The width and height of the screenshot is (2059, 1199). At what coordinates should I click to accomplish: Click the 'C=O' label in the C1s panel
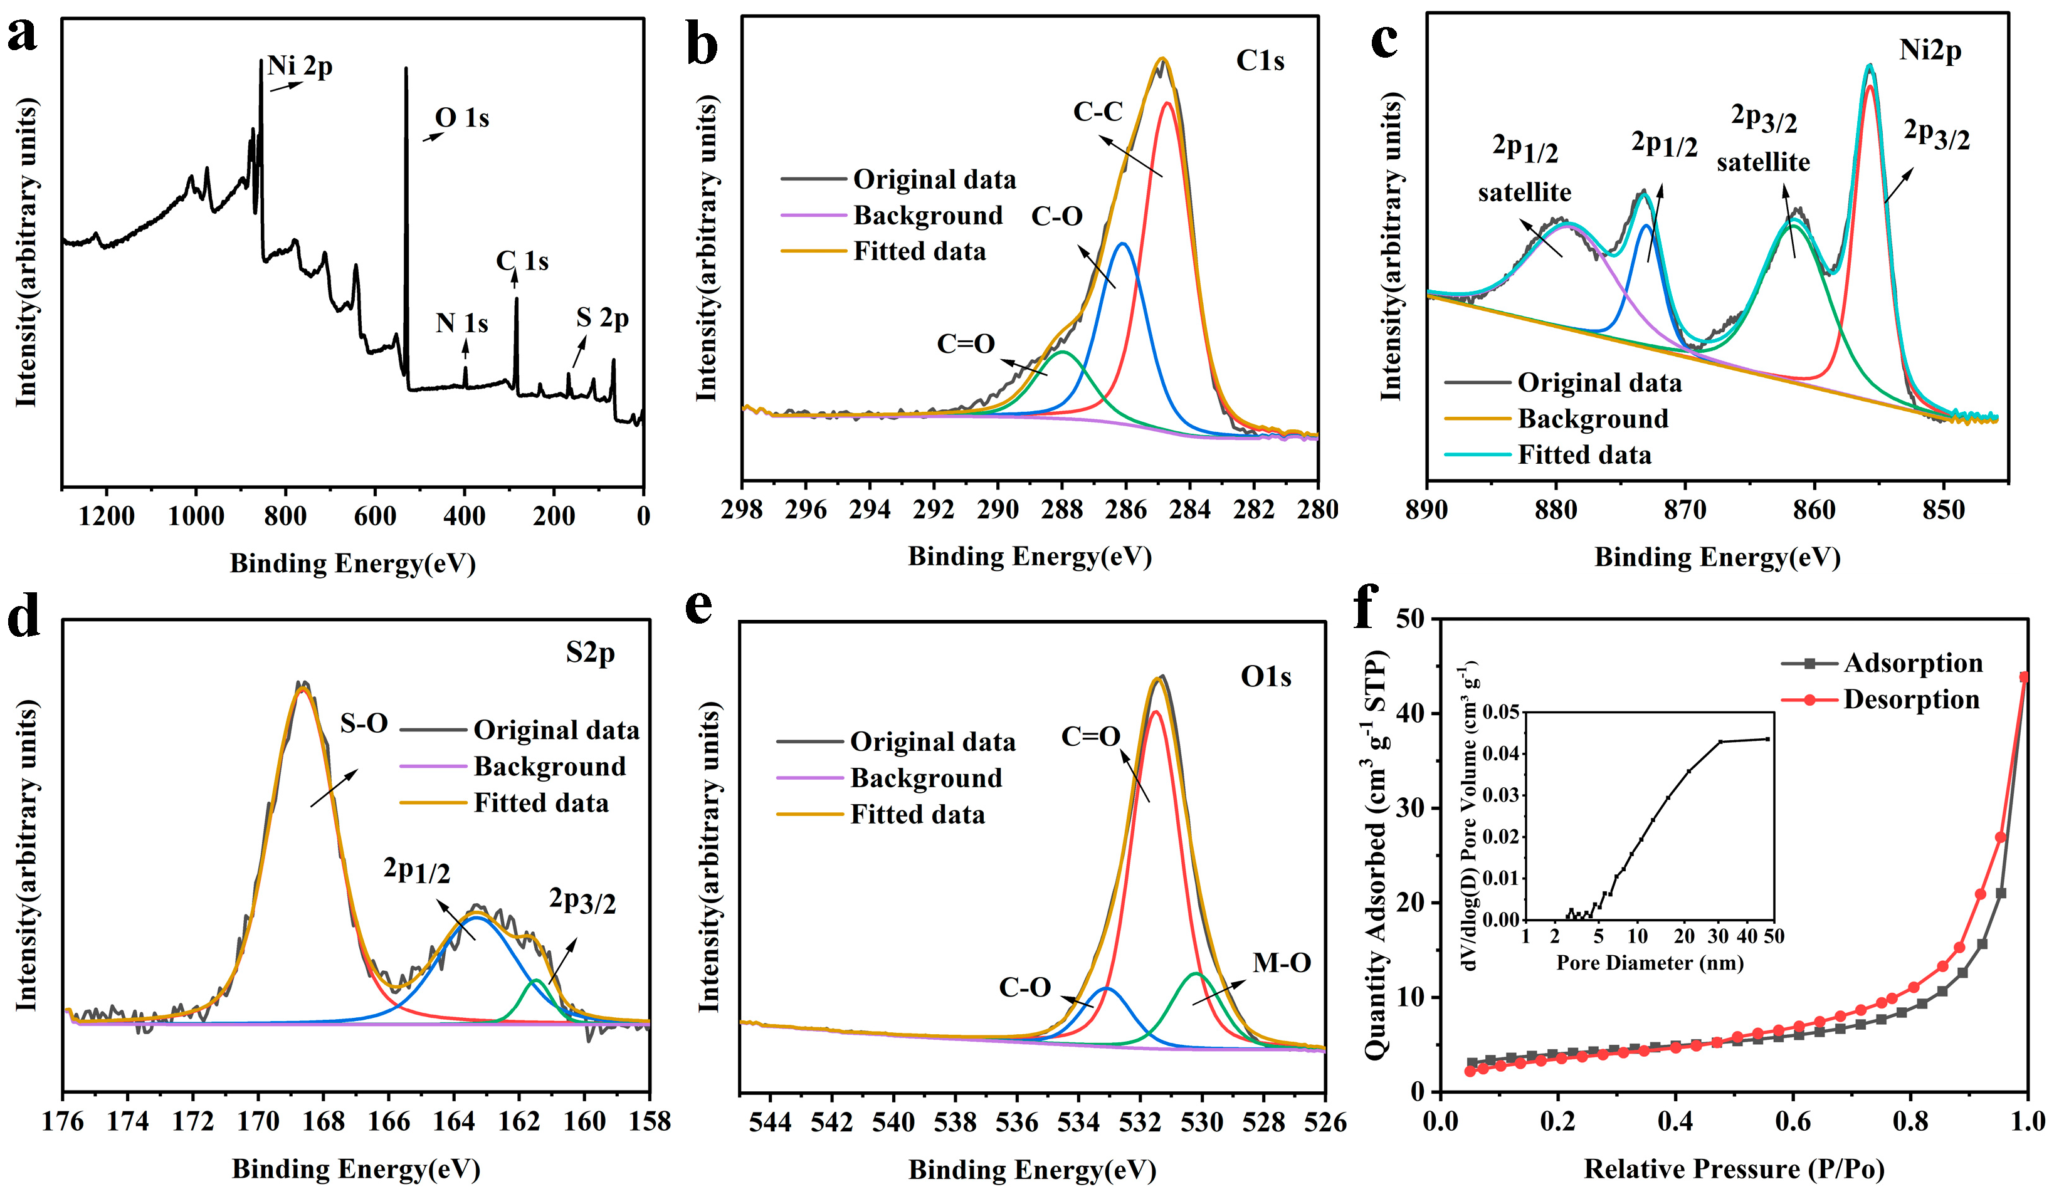pos(966,344)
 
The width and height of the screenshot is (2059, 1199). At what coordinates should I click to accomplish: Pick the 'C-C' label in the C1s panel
pos(1098,111)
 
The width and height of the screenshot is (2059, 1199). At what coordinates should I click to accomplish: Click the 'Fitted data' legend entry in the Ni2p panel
pos(1584,454)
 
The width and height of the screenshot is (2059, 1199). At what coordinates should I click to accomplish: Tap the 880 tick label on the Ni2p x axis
pos(1556,510)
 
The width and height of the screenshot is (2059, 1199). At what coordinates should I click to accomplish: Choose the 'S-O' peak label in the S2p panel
pos(364,723)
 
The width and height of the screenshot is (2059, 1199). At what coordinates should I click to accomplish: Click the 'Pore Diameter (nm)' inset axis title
pos(1650,963)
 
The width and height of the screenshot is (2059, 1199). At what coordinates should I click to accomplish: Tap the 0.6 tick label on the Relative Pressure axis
pos(1793,1121)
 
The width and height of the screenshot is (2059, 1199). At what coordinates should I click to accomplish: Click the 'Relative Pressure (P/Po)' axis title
pos(1734,1169)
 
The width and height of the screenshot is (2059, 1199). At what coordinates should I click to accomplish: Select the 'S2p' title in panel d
pos(590,654)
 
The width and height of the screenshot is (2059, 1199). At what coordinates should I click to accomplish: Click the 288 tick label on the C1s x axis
pos(1061,510)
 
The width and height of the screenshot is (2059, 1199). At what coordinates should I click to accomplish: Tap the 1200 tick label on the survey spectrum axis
pos(106,516)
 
